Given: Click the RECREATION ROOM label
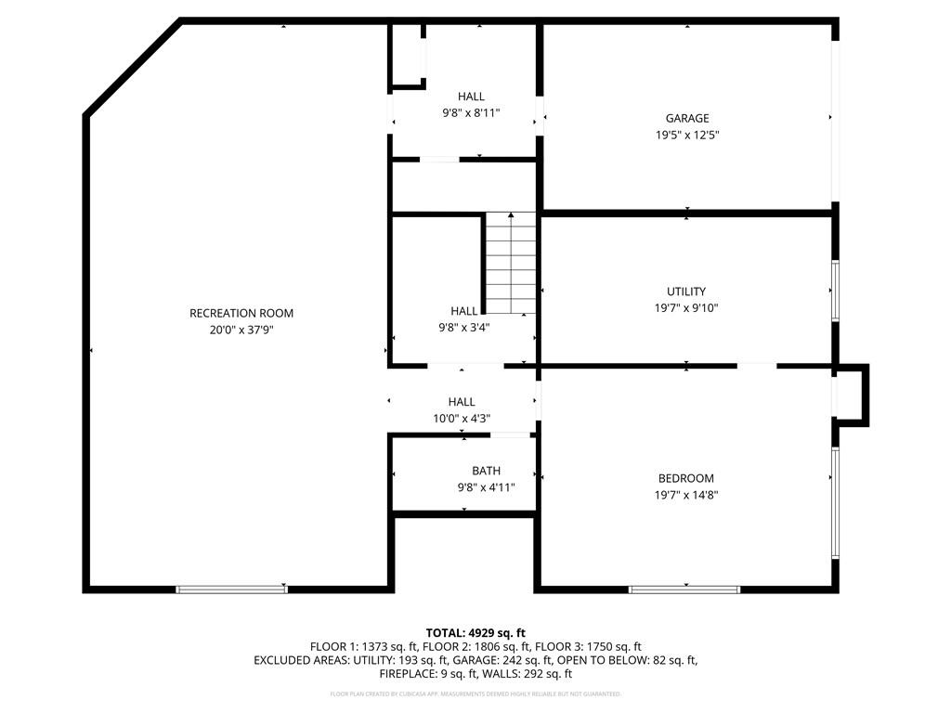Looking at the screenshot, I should click(241, 313).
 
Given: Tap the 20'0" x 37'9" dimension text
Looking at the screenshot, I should click(241, 330).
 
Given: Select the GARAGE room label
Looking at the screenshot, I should click(686, 118).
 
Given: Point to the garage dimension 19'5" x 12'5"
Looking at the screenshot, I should click(686, 135).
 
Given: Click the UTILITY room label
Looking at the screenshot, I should click(686, 291).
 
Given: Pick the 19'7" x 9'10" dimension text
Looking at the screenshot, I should click(686, 307).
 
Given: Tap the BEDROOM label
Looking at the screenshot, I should click(686, 478).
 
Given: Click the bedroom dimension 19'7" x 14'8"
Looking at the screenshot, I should click(686, 495).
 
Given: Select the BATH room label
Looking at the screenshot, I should click(485, 471).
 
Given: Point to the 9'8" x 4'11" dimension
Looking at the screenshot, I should click(485, 487).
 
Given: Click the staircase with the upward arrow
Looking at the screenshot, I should click(511, 264).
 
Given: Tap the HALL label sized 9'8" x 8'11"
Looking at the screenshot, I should click(471, 97).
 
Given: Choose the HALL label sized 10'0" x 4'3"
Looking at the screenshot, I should click(462, 402).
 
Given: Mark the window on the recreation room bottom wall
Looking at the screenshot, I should click(231, 589).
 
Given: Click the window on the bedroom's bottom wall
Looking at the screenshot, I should click(684, 589).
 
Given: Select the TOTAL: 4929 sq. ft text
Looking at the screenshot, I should click(475, 632).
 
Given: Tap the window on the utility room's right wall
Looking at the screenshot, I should click(835, 292).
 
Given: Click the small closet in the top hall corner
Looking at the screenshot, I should click(406, 56).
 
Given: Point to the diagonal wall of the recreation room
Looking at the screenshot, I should click(133, 68).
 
